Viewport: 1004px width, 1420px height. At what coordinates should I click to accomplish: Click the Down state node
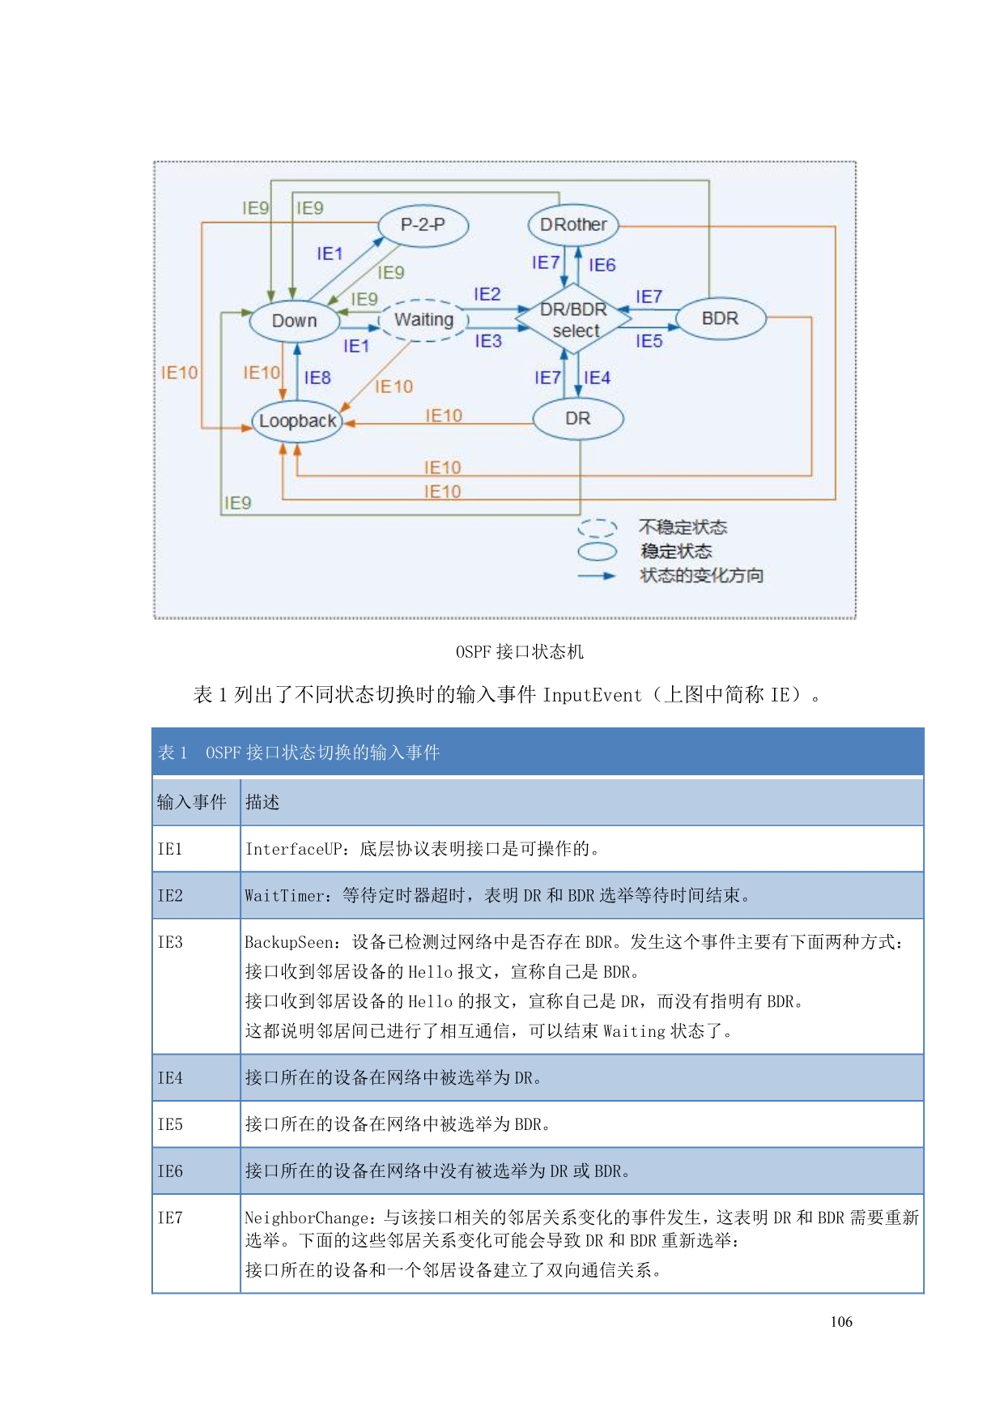[x=295, y=321]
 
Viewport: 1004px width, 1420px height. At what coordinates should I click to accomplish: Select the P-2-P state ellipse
[x=423, y=225]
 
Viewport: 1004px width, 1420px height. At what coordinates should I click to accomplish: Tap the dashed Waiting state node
[x=423, y=320]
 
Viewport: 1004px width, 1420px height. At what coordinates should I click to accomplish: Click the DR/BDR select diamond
[x=574, y=320]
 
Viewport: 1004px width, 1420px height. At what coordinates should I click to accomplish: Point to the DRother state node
[x=573, y=225]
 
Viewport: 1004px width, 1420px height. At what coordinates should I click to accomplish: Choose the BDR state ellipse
[x=720, y=318]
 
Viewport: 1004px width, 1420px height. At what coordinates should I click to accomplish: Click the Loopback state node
[x=297, y=421]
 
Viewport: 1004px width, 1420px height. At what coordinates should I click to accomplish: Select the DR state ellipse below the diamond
[x=578, y=419]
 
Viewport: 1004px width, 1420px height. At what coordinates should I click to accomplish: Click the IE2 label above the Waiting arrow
[x=487, y=294]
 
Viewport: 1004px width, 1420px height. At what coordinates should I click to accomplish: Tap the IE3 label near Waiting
[x=488, y=341]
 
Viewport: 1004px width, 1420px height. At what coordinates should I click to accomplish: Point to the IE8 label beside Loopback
[x=317, y=377]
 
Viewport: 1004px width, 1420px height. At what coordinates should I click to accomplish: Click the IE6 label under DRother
[x=602, y=265]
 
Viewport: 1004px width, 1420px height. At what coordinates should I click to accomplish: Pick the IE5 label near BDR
[x=649, y=341]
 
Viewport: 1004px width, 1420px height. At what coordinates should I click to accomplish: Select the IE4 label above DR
[x=598, y=377]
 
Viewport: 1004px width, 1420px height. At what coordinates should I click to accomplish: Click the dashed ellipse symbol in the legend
[x=598, y=528]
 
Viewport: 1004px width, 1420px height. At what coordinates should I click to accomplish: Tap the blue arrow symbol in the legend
[x=598, y=576]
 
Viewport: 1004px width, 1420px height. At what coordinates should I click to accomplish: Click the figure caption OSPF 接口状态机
[x=520, y=652]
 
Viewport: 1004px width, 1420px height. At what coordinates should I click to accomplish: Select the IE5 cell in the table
[x=171, y=1124]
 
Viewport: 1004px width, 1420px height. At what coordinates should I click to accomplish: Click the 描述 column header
[x=262, y=802]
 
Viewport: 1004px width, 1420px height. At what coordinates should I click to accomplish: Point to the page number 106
[x=841, y=1322]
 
